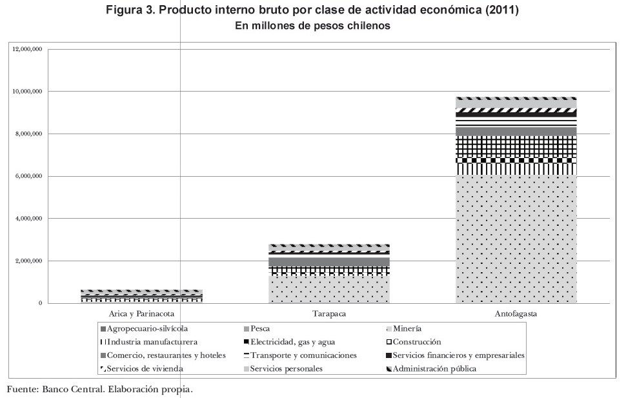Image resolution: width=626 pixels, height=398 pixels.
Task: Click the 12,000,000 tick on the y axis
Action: tap(28, 49)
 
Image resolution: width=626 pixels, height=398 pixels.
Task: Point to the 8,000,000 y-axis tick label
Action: tap(28, 134)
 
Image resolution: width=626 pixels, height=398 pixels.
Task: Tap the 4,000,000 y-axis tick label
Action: tap(28, 219)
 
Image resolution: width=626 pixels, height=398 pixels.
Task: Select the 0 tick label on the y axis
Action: tap(40, 303)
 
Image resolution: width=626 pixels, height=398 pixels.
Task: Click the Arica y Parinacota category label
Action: tap(141, 314)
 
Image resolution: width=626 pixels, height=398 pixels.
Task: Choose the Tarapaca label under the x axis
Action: tap(328, 314)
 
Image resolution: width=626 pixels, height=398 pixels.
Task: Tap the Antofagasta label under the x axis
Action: tap(516, 314)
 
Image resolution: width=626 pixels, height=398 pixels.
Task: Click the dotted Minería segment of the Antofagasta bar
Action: tap(516, 239)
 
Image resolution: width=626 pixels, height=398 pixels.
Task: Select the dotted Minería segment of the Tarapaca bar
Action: tap(328, 290)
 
